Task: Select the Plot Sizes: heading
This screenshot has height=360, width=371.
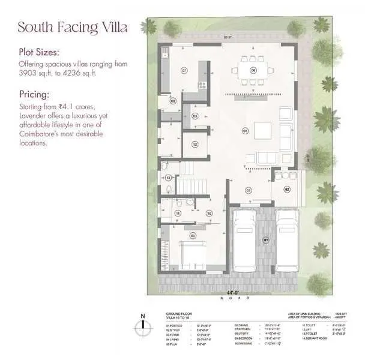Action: (x=41, y=52)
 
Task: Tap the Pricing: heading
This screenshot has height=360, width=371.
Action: (x=34, y=94)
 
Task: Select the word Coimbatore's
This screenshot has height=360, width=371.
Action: (x=41, y=134)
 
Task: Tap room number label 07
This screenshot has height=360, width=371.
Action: (x=184, y=71)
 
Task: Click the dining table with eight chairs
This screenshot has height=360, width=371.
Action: (x=253, y=70)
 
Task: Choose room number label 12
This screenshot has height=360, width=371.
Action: (x=195, y=144)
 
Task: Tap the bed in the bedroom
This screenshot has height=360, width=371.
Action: (x=190, y=254)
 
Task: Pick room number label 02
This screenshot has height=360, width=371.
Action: (x=287, y=189)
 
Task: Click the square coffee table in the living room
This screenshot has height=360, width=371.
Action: (x=262, y=130)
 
